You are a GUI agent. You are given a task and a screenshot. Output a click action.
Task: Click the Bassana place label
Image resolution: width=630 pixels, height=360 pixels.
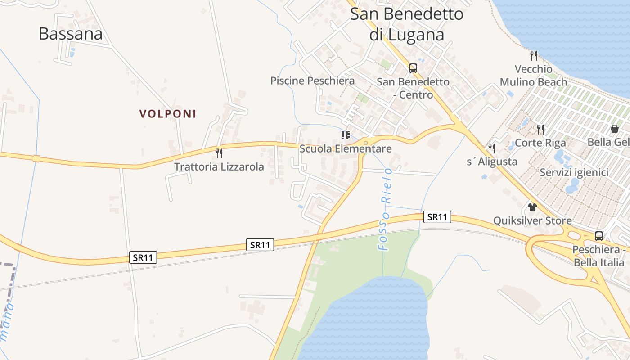[x=71, y=34]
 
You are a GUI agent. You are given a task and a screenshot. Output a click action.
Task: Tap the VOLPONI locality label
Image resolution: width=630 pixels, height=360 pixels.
[x=168, y=114]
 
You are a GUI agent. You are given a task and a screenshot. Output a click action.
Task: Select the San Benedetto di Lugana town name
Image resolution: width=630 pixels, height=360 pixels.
[x=407, y=24]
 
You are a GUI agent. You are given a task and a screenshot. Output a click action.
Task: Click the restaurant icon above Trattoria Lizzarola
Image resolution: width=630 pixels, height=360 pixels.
[x=219, y=153]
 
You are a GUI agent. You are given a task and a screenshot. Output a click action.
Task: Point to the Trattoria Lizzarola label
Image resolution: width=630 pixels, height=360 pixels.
[x=219, y=167]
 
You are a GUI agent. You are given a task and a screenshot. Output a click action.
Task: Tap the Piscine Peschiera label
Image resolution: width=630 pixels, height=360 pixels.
[x=312, y=81]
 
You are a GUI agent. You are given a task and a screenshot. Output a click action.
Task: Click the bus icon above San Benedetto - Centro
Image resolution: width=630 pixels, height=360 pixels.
[x=413, y=68]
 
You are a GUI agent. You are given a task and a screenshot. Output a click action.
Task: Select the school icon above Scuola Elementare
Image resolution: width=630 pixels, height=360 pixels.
[x=346, y=135]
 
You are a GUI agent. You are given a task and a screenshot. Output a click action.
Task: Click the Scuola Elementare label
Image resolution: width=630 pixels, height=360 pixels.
[x=346, y=148]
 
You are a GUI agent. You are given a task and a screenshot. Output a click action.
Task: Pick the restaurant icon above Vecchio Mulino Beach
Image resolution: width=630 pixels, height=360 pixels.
[x=534, y=56]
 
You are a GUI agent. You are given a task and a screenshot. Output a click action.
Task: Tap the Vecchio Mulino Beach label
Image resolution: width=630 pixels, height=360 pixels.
[x=534, y=76]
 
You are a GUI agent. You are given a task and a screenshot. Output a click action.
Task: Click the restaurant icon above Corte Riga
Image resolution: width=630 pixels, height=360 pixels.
[x=540, y=130]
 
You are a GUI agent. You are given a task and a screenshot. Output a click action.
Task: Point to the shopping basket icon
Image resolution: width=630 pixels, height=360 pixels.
[x=615, y=129]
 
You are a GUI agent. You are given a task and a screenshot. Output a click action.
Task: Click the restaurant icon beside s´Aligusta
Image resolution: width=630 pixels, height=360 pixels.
[x=492, y=148]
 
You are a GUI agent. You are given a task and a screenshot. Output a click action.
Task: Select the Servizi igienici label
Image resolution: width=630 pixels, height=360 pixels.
[x=574, y=172]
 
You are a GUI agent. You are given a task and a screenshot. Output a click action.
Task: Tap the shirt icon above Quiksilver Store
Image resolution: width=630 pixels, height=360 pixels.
[x=532, y=207]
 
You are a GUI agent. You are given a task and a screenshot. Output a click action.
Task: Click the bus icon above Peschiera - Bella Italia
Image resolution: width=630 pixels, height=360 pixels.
[x=599, y=236]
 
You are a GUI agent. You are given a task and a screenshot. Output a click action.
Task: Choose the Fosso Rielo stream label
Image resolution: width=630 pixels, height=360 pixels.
[x=385, y=209]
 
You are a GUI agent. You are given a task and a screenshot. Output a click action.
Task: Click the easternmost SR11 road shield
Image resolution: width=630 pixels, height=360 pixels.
[x=437, y=217]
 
